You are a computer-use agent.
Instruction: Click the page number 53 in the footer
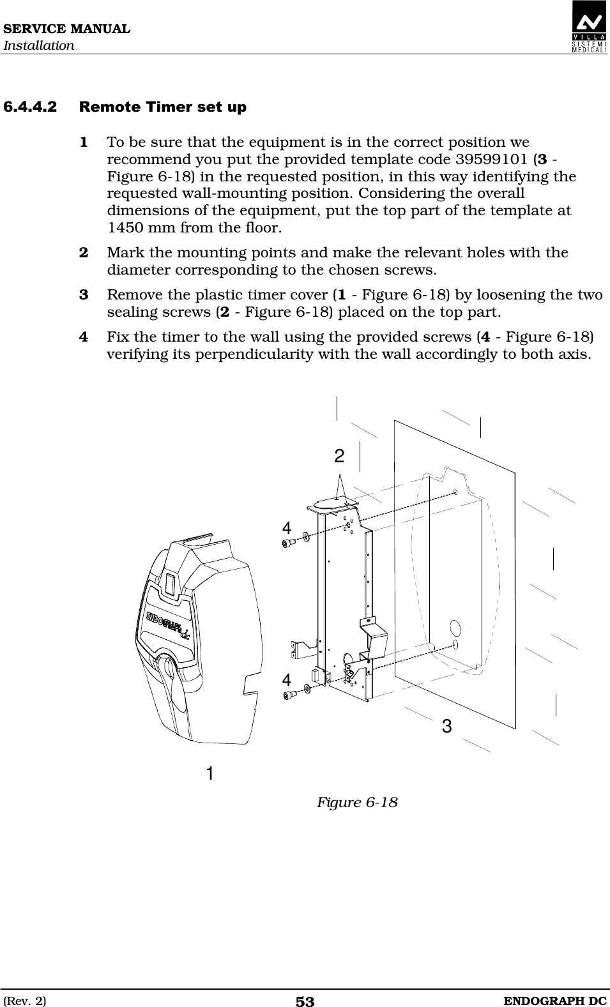pos(305,1001)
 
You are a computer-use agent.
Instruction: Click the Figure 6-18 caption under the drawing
pos(357,802)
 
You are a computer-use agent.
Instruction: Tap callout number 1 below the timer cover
pos(210,773)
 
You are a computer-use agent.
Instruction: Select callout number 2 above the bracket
pos(339,456)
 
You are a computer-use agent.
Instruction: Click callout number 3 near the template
pos(446,725)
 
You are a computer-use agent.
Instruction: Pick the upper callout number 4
pos(287,527)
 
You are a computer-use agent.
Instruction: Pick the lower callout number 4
pos(287,679)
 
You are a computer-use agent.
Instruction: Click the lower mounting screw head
pos(288,694)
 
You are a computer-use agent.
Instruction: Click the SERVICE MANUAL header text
pos(66,29)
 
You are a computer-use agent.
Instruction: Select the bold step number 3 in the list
pos(84,295)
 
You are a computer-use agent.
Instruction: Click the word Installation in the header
pos(39,46)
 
